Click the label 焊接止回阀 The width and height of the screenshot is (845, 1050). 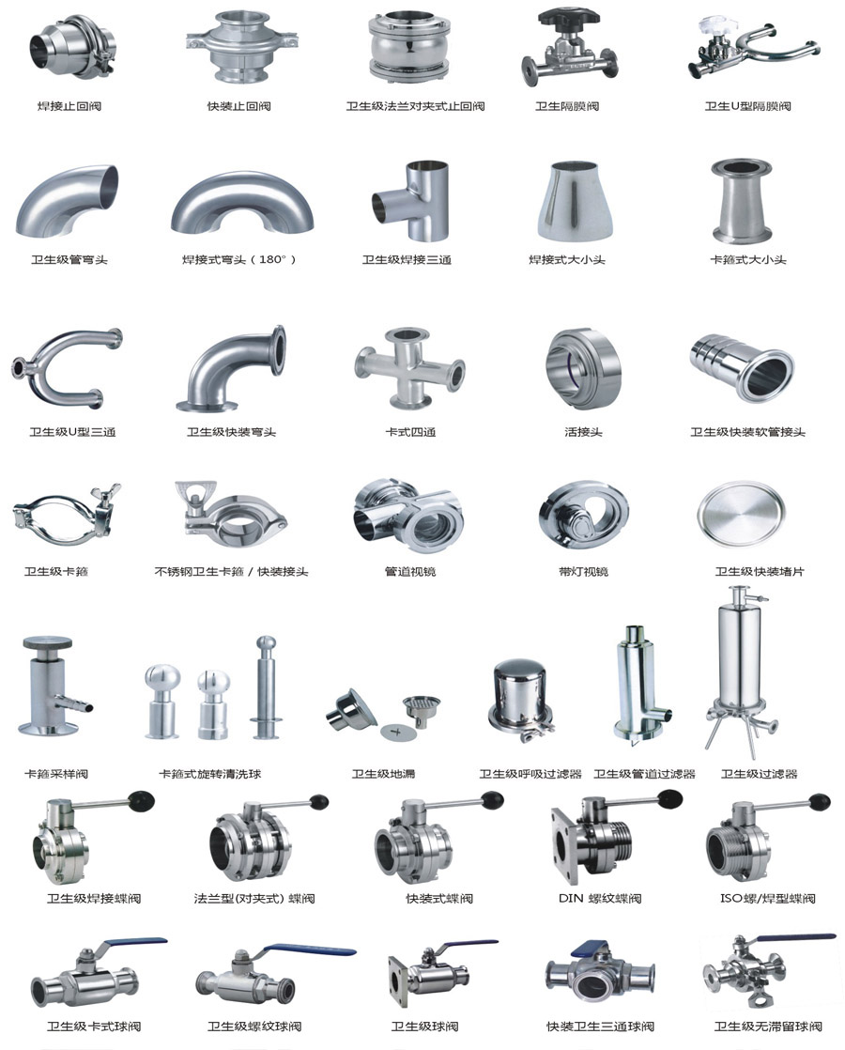[x=69, y=106]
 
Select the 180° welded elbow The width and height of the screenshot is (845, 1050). [x=241, y=204]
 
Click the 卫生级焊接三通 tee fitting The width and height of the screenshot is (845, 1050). [x=409, y=200]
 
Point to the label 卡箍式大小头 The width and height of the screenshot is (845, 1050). [x=748, y=259]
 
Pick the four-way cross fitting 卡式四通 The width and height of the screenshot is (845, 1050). [x=409, y=367]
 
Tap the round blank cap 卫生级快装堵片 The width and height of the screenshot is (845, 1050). [x=741, y=516]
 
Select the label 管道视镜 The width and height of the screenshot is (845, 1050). [x=409, y=571]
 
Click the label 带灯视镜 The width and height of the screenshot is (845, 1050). [x=583, y=571]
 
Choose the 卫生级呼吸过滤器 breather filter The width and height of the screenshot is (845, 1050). [x=522, y=699]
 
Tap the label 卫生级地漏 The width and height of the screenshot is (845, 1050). [x=384, y=774]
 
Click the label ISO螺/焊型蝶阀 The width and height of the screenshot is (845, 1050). [x=768, y=898]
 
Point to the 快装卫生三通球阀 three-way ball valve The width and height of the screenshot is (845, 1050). [x=599, y=975]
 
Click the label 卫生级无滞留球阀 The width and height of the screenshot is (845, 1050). [x=768, y=1026]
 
